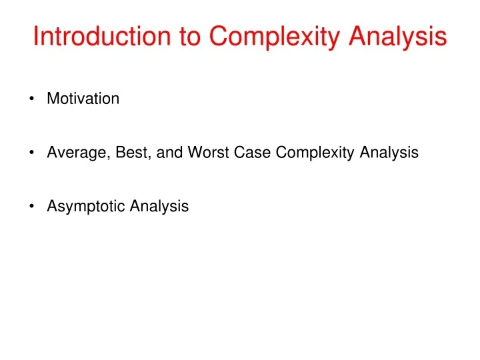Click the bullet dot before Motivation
point(32,99)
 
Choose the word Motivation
point(83,99)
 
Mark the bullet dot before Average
point(32,153)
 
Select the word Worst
point(207,153)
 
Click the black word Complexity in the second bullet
point(316,153)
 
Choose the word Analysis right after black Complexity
point(389,153)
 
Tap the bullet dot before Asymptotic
point(32,207)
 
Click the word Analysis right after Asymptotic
point(159,207)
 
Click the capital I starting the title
point(36,37)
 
